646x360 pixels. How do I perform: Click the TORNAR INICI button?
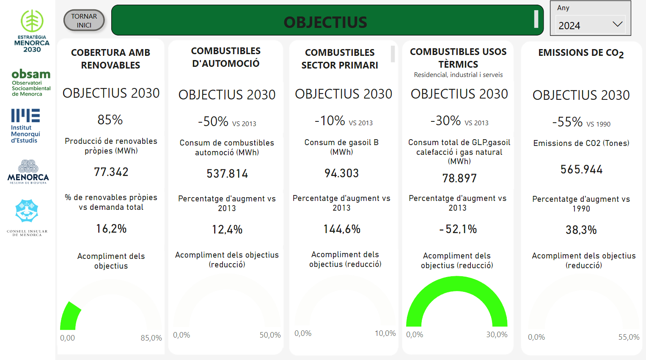84,20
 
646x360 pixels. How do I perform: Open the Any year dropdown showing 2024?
590,25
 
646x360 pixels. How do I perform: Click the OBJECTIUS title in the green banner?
325,22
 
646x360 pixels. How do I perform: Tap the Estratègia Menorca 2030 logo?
32,30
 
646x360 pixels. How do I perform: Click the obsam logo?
31,82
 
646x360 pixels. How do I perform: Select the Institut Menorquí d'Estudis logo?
25,126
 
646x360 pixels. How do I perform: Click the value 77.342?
111,172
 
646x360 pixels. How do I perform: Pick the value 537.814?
227,173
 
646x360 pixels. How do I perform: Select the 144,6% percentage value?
342,229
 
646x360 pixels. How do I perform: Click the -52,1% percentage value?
458,229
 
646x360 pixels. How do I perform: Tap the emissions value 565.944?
581,170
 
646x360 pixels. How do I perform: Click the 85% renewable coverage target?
110,120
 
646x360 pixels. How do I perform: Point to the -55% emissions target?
567,122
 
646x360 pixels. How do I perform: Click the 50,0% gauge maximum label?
270,335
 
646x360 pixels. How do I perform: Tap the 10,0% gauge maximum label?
385,333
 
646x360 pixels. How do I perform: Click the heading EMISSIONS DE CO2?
581,53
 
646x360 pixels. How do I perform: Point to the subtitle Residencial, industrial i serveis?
458,75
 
